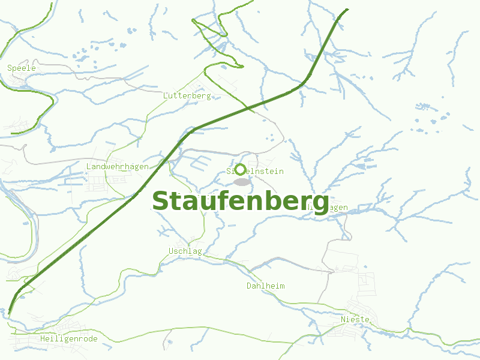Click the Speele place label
(22, 68)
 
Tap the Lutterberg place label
(187, 96)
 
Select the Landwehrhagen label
(118, 167)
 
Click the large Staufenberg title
(241, 201)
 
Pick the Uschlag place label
(185, 251)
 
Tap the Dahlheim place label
(265, 286)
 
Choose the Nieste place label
(355, 319)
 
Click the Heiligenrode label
(68, 339)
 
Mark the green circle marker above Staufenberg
(241, 169)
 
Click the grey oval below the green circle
(241, 182)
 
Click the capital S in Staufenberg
(160, 201)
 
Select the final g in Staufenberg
(321, 204)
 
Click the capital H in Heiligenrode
(43, 339)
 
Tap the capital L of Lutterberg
(166, 96)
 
